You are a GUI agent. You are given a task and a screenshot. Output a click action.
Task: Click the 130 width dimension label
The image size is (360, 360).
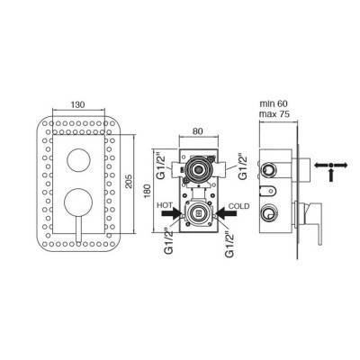[x=78, y=104]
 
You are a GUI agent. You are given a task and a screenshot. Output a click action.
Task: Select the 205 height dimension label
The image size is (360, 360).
[x=129, y=181]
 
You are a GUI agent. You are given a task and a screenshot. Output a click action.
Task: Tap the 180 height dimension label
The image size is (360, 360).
[x=148, y=191]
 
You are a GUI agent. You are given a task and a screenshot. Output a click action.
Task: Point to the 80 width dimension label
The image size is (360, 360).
[x=198, y=131]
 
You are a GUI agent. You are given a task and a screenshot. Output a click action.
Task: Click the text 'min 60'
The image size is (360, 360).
[x=274, y=103]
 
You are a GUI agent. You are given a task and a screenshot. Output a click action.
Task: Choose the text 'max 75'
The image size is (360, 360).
[x=274, y=114]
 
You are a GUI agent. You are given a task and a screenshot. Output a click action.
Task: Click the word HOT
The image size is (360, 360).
[x=165, y=205]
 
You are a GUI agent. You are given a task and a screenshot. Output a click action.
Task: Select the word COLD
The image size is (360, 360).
[x=238, y=206]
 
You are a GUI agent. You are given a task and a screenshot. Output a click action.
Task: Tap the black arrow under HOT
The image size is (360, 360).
[x=172, y=213]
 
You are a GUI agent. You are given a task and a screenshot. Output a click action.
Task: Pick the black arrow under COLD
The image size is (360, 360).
[x=226, y=213]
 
